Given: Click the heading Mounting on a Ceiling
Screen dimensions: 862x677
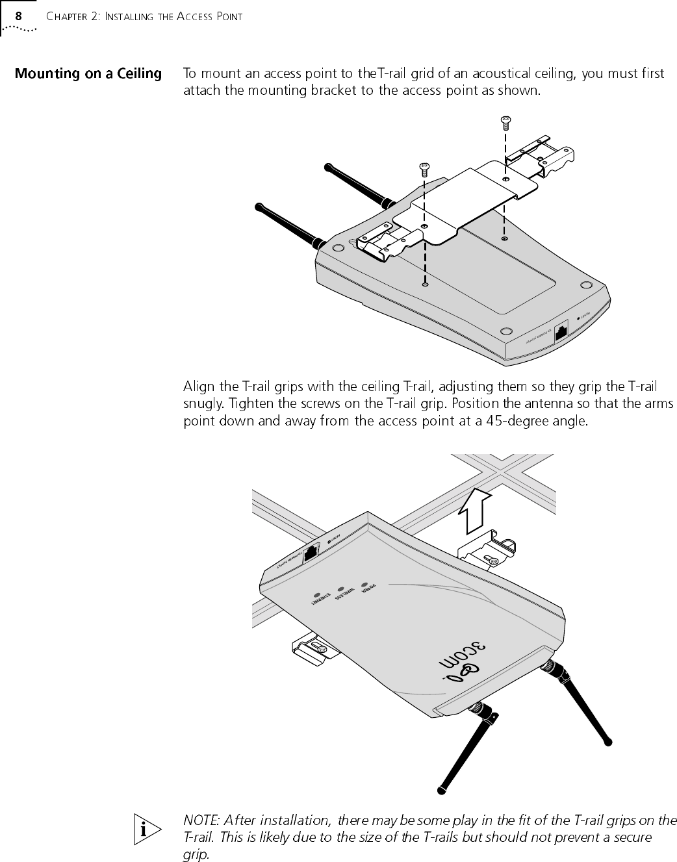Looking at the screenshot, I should pos(88,73).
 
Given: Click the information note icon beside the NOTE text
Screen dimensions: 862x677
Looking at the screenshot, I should pos(151,829).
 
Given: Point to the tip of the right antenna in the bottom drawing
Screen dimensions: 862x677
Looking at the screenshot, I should pos(607,741).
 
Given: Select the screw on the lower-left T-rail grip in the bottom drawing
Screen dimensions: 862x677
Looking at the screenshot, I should pos(320,648).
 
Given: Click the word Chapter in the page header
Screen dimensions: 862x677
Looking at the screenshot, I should pos(71,16).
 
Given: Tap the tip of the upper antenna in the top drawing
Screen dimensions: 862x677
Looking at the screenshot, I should pos(326,168).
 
